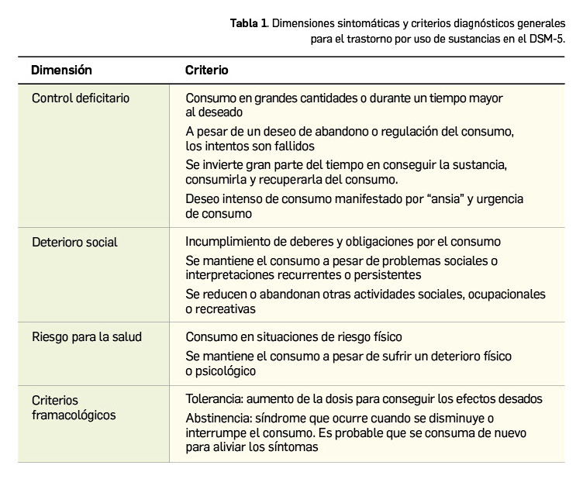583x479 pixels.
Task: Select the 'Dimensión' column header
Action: tap(61, 70)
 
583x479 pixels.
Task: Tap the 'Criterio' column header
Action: tap(206, 70)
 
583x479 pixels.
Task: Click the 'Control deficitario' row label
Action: tap(81, 98)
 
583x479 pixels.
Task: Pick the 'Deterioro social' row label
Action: tap(74, 242)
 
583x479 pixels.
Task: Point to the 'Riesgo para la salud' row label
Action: tap(86, 336)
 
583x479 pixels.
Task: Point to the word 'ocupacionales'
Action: tap(507, 295)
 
